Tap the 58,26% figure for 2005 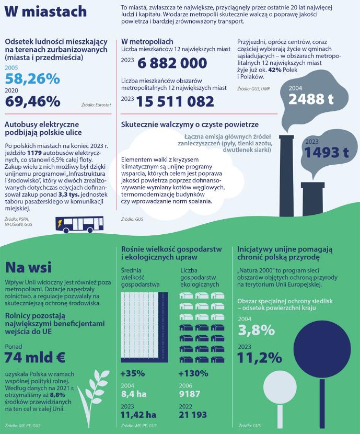coord(32,79)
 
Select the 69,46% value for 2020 coord(32,101)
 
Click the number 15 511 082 coord(176,101)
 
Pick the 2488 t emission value coord(310,99)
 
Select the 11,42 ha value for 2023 coord(138,415)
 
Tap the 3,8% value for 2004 coord(256,330)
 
